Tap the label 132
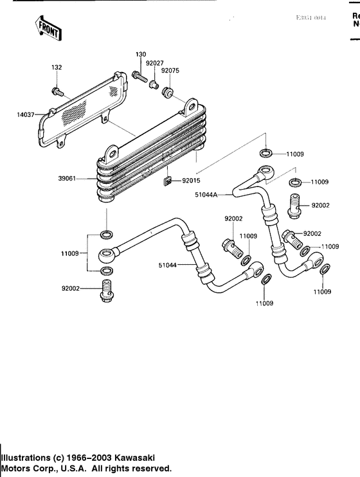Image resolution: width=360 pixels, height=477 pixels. pyautogui.click(x=57, y=67)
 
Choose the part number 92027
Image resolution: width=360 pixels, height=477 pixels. pyautogui.click(x=154, y=64)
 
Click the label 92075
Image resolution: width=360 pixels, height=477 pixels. pyautogui.click(x=170, y=71)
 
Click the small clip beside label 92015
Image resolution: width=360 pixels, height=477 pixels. pyautogui.click(x=168, y=181)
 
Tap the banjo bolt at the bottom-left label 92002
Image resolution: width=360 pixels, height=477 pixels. pyautogui.click(x=107, y=291)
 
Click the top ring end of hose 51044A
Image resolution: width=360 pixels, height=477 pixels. pyautogui.click(x=263, y=173)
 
